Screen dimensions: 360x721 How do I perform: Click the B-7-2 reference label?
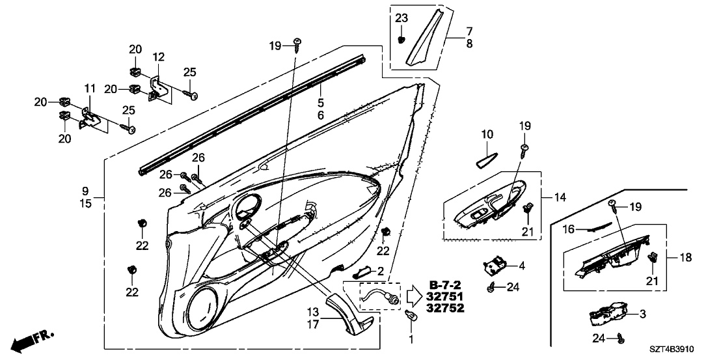[x=446, y=284]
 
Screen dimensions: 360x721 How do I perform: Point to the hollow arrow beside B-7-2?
[x=413, y=296]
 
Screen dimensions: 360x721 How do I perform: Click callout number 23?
[x=401, y=18]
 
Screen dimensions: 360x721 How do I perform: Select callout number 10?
[x=487, y=135]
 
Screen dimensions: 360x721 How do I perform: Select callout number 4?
[x=521, y=266]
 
